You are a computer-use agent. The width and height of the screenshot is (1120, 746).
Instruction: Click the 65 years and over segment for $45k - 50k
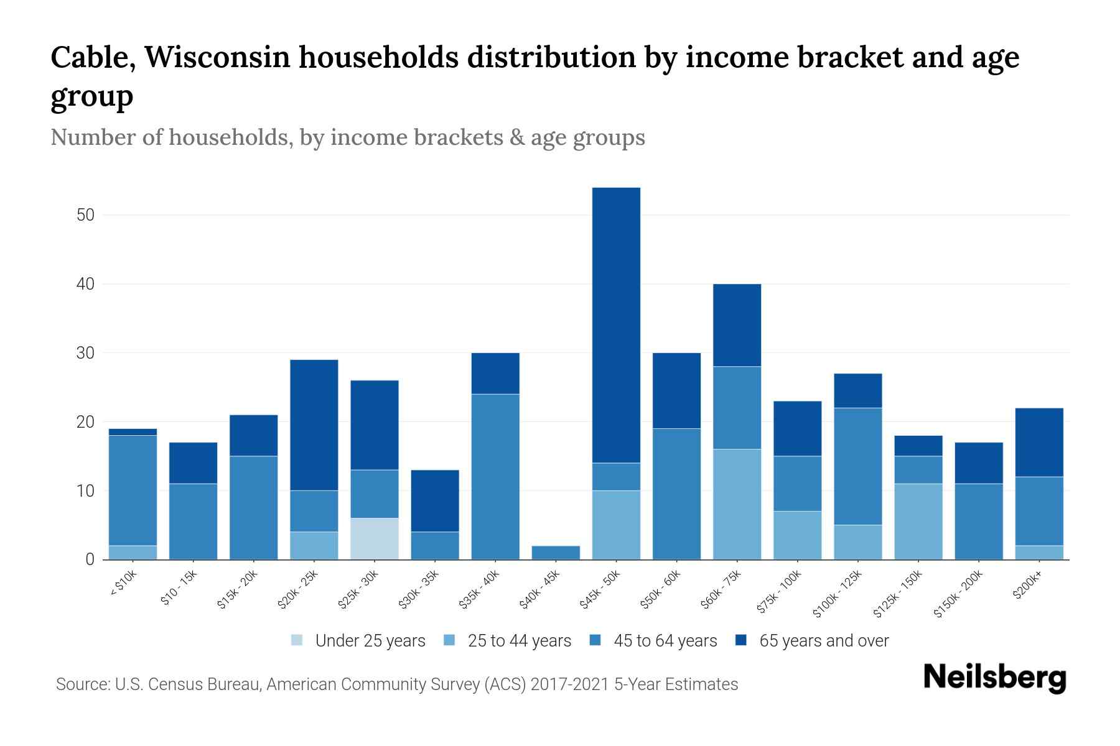[x=616, y=325]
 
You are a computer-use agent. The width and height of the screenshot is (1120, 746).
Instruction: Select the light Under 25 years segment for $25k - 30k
[x=375, y=538]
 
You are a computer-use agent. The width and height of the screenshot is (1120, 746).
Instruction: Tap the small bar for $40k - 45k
[x=556, y=552]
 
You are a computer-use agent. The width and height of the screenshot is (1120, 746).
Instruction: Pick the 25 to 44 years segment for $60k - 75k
[x=737, y=504]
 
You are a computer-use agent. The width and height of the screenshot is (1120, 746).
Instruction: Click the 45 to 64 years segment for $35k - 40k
[x=495, y=476]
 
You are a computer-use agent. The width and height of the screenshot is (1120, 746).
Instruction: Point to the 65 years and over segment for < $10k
[x=133, y=431]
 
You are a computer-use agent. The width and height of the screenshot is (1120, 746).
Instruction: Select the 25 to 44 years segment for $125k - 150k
[x=918, y=521]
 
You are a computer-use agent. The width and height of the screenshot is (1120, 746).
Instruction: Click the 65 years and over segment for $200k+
[x=1039, y=442]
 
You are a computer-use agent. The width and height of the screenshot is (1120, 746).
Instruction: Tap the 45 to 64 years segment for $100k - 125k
[x=857, y=466]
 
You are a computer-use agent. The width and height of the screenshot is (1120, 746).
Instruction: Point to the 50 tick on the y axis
[x=85, y=215]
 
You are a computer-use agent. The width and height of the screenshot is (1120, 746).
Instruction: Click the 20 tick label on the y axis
[x=85, y=422]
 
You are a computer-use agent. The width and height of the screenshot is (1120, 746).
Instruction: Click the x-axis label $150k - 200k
[x=959, y=594]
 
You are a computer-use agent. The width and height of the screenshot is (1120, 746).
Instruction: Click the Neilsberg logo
[x=994, y=678]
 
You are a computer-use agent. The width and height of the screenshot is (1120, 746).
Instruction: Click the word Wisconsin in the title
[x=218, y=57]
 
